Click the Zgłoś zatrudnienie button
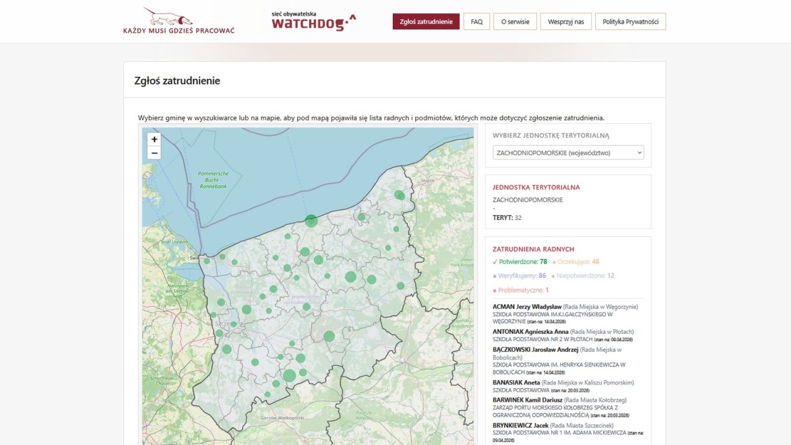click(426, 22)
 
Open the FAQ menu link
click(476, 22)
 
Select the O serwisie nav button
click(515, 22)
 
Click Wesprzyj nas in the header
click(565, 22)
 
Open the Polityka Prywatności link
click(630, 22)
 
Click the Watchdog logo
click(314, 21)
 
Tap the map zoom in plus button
click(154, 139)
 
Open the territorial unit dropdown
click(568, 153)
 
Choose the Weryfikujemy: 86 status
click(522, 276)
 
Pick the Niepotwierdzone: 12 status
click(585, 276)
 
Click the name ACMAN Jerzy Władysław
click(527, 307)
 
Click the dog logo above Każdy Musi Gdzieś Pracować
click(167, 17)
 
